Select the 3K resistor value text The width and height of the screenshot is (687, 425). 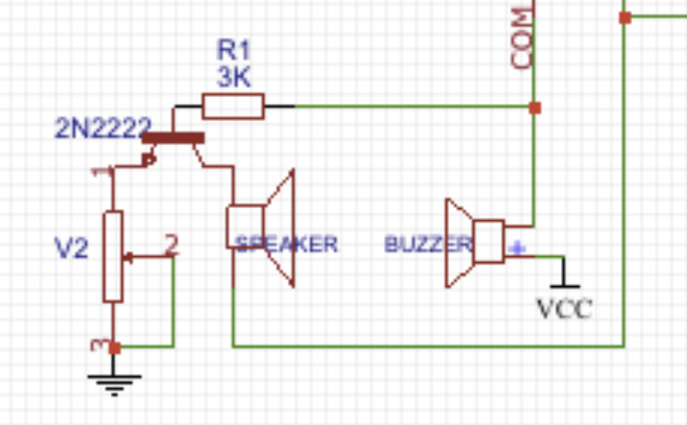(233, 78)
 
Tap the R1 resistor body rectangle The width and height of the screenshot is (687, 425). (233, 106)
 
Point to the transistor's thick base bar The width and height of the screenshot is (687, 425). (173, 137)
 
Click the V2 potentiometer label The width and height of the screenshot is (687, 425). (71, 249)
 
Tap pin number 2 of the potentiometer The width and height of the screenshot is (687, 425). (171, 246)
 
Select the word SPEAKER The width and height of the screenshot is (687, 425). (287, 244)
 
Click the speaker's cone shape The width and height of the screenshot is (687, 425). (280, 228)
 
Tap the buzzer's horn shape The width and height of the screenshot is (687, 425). (458, 243)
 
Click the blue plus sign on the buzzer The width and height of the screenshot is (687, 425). (517, 248)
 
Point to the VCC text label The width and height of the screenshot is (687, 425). (564, 308)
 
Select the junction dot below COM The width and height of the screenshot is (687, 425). (535, 108)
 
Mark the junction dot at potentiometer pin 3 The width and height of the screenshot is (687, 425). (114, 347)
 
